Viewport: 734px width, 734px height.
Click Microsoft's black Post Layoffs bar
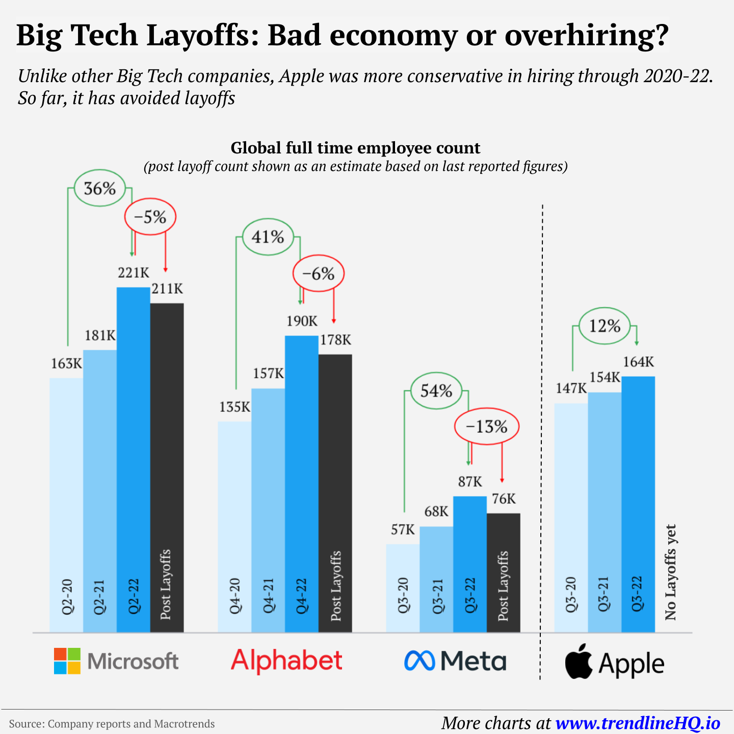167,459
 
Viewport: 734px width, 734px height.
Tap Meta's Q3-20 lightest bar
403,586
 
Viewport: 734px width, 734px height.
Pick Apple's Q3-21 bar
605,510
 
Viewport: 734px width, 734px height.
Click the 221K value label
134,273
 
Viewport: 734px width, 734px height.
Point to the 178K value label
335,340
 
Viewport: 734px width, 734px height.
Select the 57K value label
403,530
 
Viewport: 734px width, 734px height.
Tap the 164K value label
638,362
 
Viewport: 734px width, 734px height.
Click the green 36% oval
100,189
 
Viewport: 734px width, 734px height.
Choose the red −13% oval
486,427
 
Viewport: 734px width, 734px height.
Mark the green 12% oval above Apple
605,326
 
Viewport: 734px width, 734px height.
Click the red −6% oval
319,274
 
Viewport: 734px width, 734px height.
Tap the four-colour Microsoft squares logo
67,661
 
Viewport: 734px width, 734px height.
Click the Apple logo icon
579,662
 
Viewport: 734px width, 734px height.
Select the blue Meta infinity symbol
419,661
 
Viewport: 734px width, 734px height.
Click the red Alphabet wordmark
286,661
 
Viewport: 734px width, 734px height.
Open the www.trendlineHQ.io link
638,723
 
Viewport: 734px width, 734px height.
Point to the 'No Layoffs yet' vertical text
670,572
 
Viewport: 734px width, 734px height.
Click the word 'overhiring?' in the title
586,36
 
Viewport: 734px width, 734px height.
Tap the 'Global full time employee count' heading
355,148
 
